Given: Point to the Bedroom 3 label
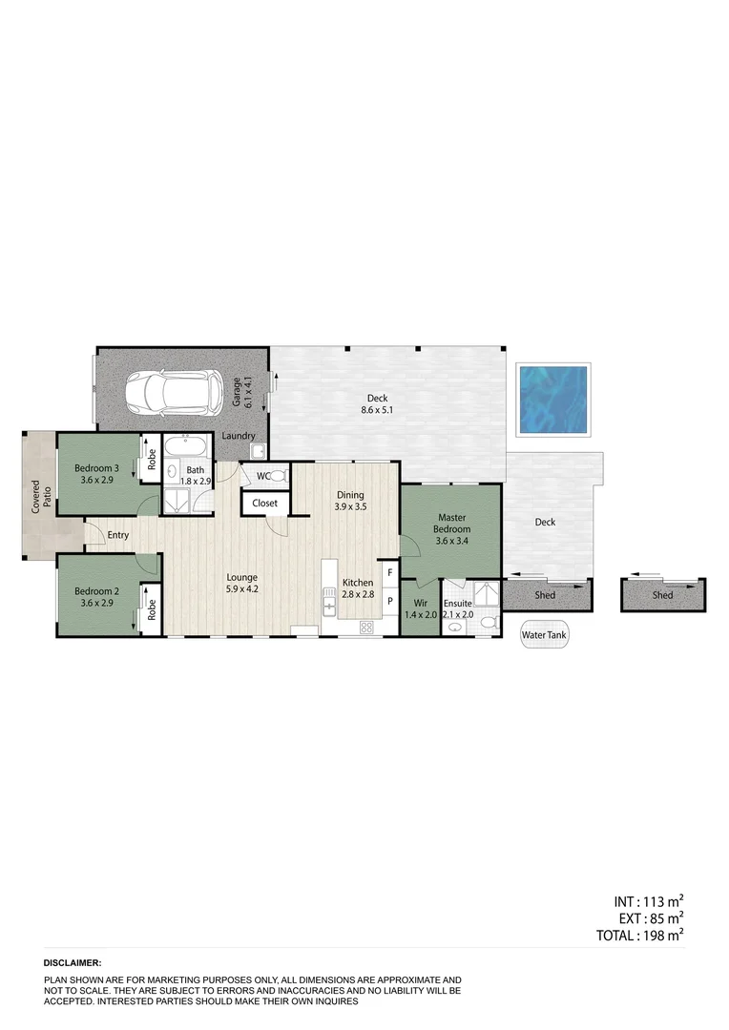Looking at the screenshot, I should click(x=96, y=467).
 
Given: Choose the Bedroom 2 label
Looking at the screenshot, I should click(x=96, y=590).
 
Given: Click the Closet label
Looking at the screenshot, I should click(x=264, y=503).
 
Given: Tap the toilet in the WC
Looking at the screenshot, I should click(x=278, y=475).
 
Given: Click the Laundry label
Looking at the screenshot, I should click(x=238, y=436).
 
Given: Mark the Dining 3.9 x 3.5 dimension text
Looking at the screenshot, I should click(x=350, y=507).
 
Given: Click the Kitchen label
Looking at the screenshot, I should click(x=358, y=583).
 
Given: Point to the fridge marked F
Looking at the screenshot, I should click(x=390, y=572).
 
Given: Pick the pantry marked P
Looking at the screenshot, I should click(x=390, y=602).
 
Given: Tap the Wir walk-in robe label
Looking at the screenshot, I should click(x=420, y=602).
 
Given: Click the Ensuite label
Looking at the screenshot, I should click(x=457, y=603).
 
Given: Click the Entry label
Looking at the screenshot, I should click(x=118, y=535).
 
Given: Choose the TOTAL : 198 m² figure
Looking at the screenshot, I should click(x=639, y=936).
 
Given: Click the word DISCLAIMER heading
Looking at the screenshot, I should click(x=73, y=964).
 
